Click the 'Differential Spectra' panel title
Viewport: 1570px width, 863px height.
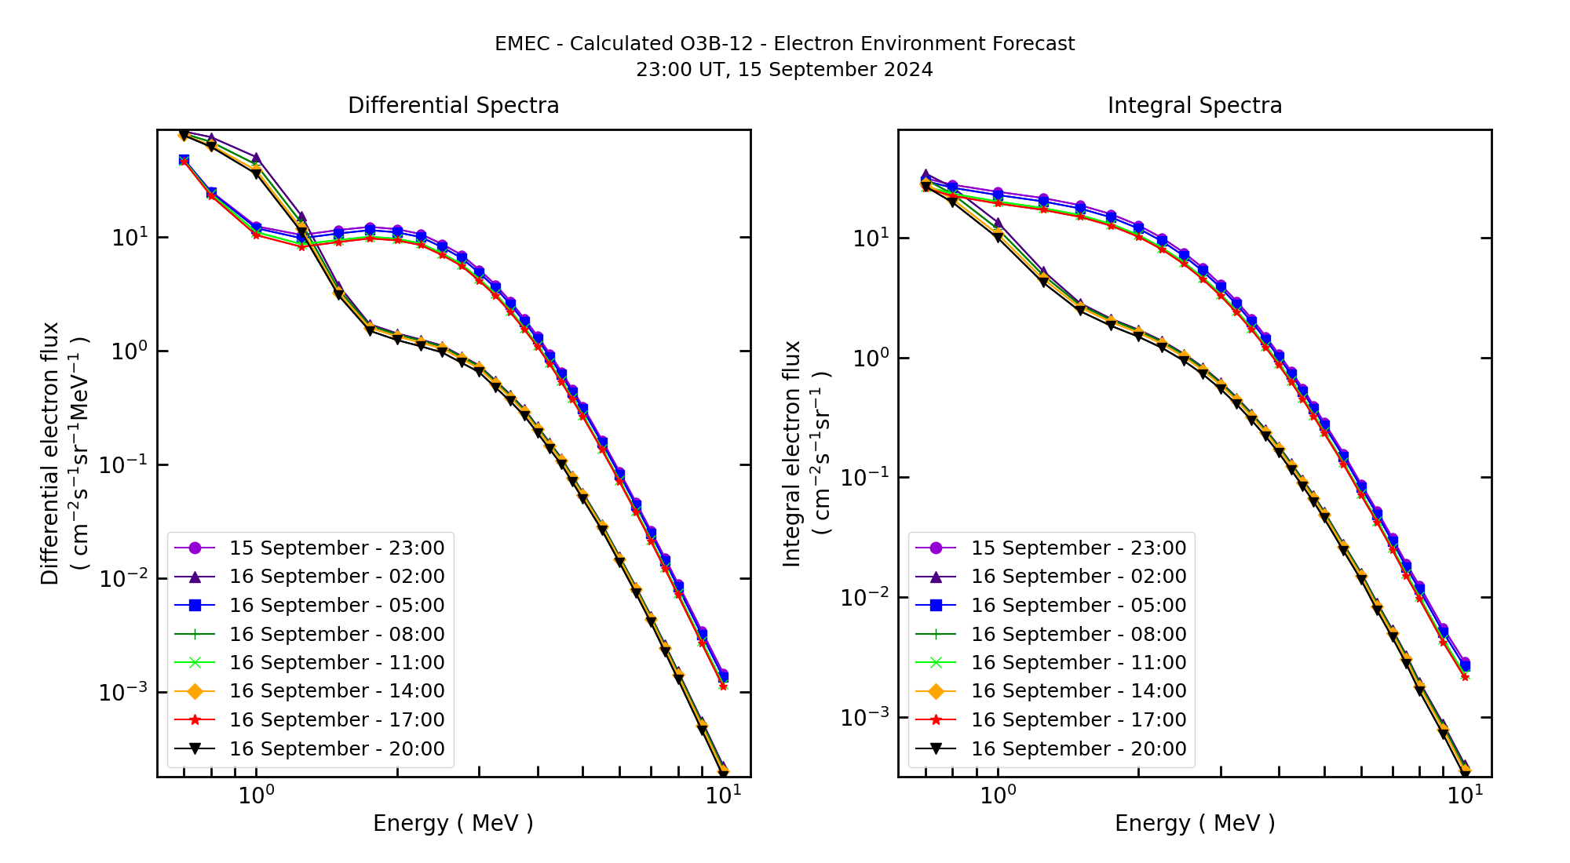(453, 105)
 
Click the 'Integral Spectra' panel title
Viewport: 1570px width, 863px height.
(1194, 105)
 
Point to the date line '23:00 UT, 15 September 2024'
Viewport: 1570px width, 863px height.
(784, 70)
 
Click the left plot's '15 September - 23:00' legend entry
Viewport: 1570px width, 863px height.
(336, 548)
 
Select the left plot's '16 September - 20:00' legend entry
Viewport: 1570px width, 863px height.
(336, 748)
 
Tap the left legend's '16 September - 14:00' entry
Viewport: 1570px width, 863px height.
(336, 690)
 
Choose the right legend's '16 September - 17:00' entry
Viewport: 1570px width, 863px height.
(1078, 719)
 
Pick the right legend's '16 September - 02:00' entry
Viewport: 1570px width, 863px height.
(1078, 576)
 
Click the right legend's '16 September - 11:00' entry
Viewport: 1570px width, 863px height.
(1078, 662)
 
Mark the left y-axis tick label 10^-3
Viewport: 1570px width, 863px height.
(122, 691)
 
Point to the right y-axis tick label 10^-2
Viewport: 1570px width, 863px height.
(864, 597)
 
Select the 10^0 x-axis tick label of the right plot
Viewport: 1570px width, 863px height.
(998, 796)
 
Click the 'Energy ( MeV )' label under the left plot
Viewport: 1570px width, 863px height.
(453, 823)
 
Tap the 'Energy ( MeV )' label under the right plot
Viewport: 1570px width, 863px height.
(1194, 823)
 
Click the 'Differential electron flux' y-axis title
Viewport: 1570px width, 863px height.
(50, 453)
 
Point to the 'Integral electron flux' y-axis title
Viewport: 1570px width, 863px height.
(792, 453)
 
